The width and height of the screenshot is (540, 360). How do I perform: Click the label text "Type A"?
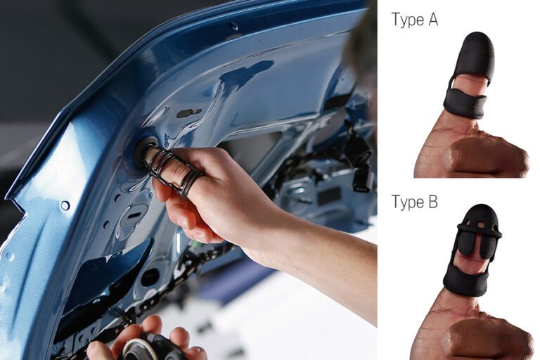pyautogui.click(x=415, y=20)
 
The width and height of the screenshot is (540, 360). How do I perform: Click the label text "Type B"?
pyautogui.click(x=415, y=202)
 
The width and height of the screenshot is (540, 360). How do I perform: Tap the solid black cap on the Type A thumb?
pyautogui.click(x=476, y=53)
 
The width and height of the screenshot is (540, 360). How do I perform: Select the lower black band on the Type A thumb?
pyautogui.click(x=465, y=103)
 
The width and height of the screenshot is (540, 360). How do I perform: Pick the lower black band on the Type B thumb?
pyautogui.click(x=465, y=281)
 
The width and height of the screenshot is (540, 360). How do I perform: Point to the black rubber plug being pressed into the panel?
pyautogui.click(x=144, y=149)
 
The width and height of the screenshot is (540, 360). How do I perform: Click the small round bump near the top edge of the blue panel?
pyautogui.click(x=234, y=26)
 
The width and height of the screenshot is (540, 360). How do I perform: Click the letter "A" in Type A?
pyautogui.click(x=433, y=20)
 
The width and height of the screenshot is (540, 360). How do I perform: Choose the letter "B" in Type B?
pyautogui.click(x=434, y=202)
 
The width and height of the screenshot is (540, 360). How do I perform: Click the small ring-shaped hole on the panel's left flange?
pyautogui.click(x=65, y=206)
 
